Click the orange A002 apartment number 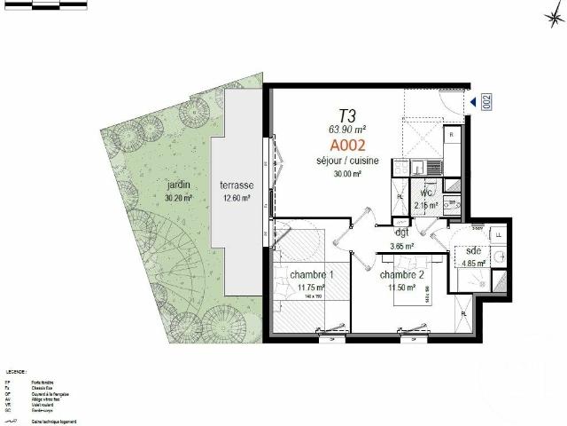pos(348,145)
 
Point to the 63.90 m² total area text pos(348,130)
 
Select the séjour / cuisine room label pos(348,161)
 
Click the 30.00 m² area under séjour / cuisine pos(348,174)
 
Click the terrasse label pos(237,185)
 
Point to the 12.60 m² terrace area pos(237,198)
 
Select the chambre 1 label pos(311,275)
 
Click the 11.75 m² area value pos(311,288)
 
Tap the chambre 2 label pos(400,275)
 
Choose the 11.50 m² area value pos(400,288)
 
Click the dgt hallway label pos(403,233)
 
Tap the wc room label pos(426,193)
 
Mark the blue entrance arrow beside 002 pos(474,103)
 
